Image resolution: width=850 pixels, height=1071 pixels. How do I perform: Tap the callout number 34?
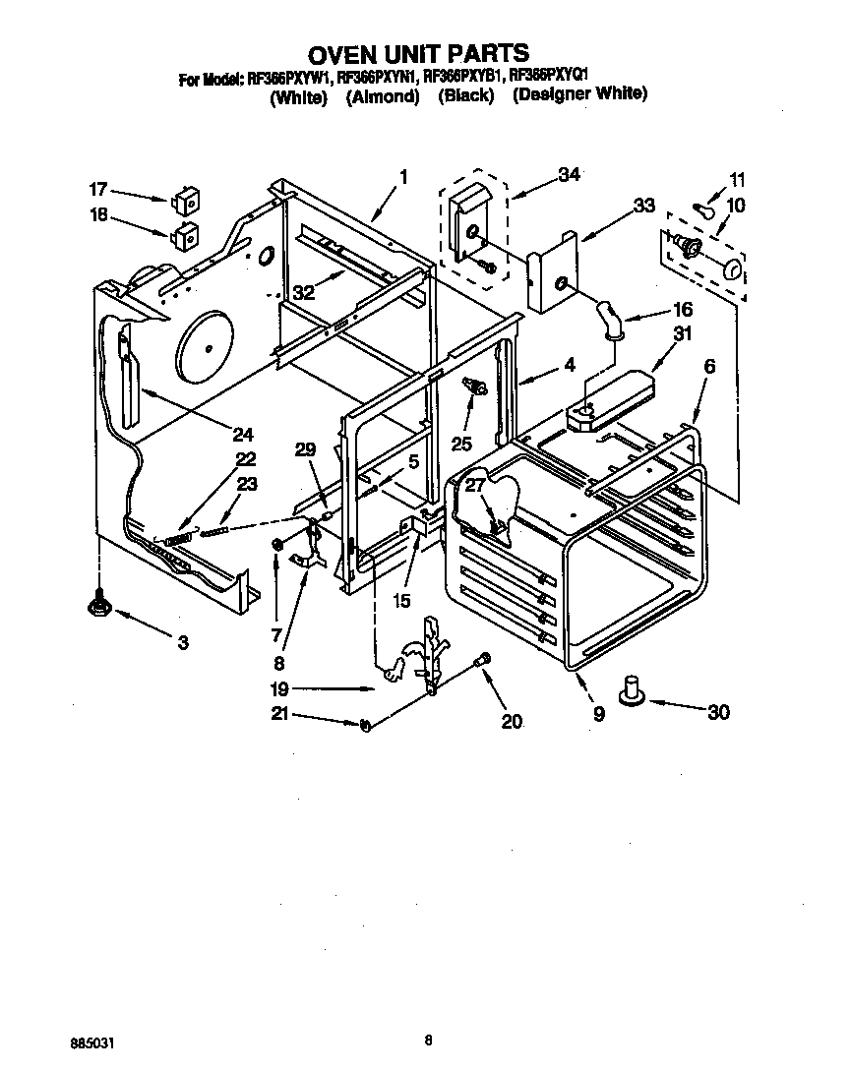pos(569,175)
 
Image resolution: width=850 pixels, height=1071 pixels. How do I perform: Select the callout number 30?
pos(718,712)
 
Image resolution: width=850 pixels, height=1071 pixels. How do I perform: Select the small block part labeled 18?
pos(184,235)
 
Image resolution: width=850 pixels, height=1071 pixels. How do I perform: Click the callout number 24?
pos(243,433)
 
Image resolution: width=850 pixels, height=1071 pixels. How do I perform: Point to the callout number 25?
pos(461,444)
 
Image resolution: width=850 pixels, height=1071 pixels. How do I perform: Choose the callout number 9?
pos(598,715)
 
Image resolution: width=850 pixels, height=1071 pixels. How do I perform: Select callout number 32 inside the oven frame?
pos(304,292)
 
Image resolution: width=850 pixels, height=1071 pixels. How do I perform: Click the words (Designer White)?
pos(579,95)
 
